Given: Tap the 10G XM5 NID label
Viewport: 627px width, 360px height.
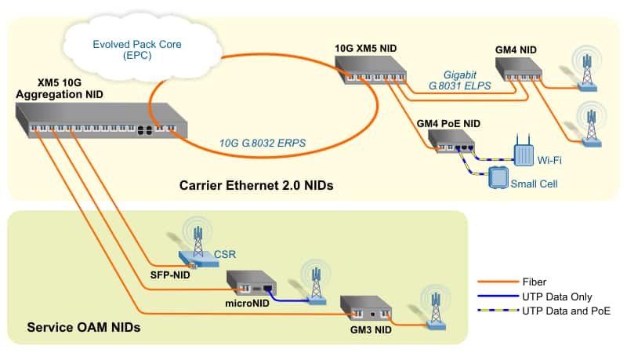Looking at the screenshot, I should click(x=364, y=49).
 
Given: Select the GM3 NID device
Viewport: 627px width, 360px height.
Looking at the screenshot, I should click(x=366, y=310).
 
